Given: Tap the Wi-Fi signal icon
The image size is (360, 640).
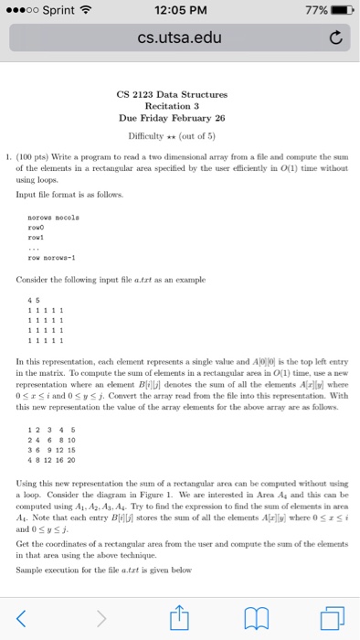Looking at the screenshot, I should pos(88,11).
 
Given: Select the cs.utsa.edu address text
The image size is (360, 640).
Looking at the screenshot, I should pos(179,38).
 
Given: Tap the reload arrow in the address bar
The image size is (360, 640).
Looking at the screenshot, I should pos(334,38).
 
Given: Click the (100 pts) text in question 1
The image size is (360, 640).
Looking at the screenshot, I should pos(44,156).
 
